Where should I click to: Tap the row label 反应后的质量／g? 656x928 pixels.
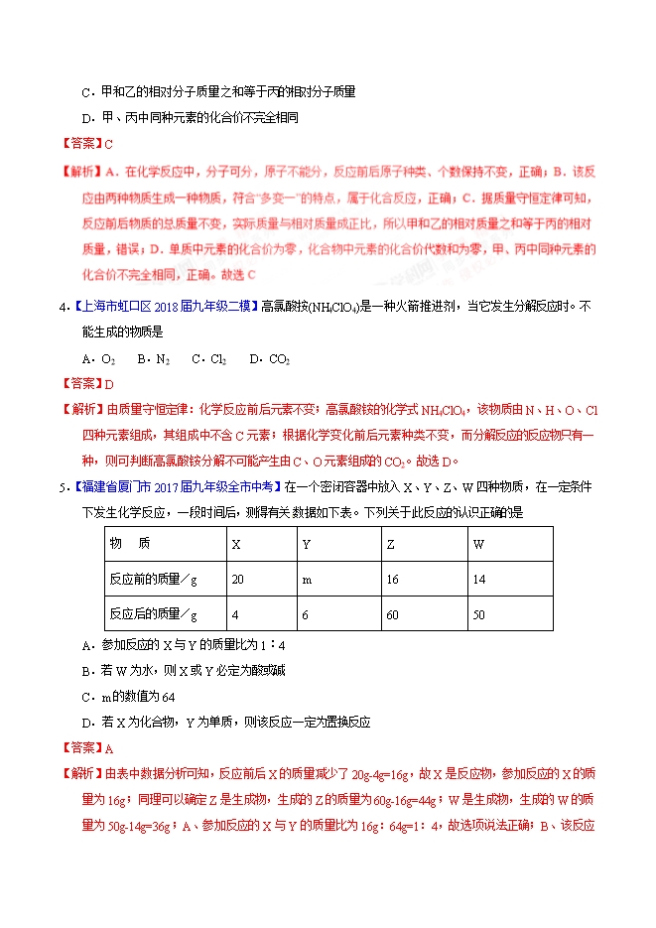(x=153, y=614)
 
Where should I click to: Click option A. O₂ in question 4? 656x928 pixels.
(x=99, y=358)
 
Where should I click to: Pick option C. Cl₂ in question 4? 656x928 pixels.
(x=208, y=358)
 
